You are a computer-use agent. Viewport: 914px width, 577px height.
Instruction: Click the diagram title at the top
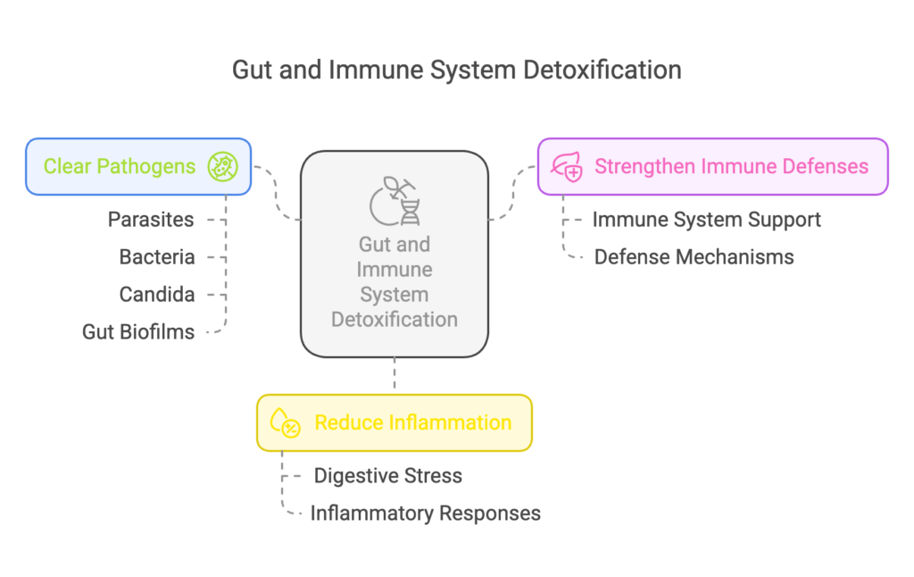pos(456,70)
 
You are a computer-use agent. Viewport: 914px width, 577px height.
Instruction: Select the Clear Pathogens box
pos(138,166)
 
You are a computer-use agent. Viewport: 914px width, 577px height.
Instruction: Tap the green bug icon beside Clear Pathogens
pos(222,166)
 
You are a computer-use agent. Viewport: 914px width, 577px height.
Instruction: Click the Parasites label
pos(151,220)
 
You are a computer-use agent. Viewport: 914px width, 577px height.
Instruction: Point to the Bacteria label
pos(157,256)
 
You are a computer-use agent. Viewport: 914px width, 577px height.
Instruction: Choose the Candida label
pos(157,294)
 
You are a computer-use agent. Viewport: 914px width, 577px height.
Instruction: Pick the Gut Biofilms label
pos(138,331)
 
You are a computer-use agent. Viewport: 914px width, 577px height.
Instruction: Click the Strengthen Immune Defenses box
pos(713,166)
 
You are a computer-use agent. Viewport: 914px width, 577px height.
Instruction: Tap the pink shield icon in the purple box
pos(567,167)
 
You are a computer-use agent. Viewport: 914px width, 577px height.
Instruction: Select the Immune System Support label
pos(707,220)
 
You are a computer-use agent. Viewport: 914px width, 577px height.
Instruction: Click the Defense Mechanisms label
pos(694,256)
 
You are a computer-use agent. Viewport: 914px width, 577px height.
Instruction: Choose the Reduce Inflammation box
pos(395,423)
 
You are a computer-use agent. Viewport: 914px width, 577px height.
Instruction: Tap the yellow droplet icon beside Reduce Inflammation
pos(285,422)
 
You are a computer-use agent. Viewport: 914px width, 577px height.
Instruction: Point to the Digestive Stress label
pos(387,475)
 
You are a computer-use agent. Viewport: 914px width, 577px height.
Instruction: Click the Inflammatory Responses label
pos(426,513)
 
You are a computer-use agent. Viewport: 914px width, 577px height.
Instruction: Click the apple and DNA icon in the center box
pos(395,201)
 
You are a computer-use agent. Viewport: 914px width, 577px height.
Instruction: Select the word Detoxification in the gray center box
pos(395,320)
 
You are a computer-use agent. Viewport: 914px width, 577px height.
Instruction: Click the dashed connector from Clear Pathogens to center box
pos(276,193)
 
